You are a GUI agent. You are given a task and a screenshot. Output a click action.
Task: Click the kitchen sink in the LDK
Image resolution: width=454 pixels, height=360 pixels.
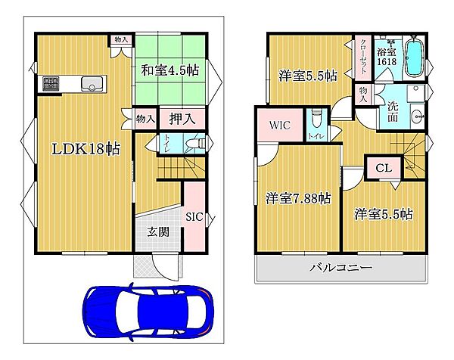(94, 83)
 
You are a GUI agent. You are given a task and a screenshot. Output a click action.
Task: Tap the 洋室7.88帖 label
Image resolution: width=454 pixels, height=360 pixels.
(297, 198)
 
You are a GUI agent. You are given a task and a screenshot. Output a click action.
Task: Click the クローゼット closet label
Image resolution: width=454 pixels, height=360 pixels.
(364, 52)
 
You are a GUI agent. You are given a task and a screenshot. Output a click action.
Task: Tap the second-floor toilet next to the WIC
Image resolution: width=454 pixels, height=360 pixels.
(317, 119)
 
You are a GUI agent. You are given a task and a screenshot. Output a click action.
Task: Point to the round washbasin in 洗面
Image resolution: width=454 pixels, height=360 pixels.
(417, 116)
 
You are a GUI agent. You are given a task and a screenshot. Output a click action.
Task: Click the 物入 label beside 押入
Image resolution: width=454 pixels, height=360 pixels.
(145, 118)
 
